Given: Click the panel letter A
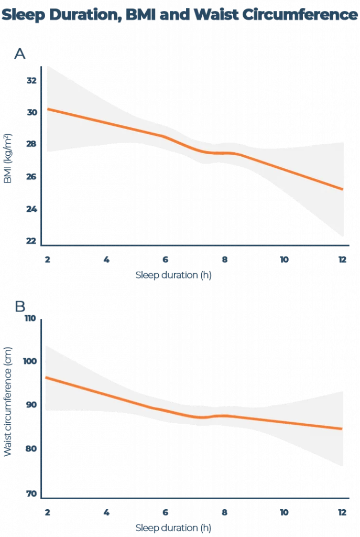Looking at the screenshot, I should [x=19, y=53].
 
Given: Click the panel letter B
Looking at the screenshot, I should [x=19, y=306].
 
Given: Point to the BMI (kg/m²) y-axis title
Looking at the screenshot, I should [x=8, y=157].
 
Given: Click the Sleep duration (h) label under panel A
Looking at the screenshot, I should [x=174, y=275].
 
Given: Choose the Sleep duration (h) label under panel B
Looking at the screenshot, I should [x=174, y=527].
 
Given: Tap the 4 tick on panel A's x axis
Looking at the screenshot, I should [x=106, y=259].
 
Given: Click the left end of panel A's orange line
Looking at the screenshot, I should [x=47, y=109].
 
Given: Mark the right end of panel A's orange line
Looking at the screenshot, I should [x=343, y=189].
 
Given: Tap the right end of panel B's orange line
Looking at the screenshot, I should [x=343, y=428].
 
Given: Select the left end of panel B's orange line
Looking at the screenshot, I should [x=45, y=377].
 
